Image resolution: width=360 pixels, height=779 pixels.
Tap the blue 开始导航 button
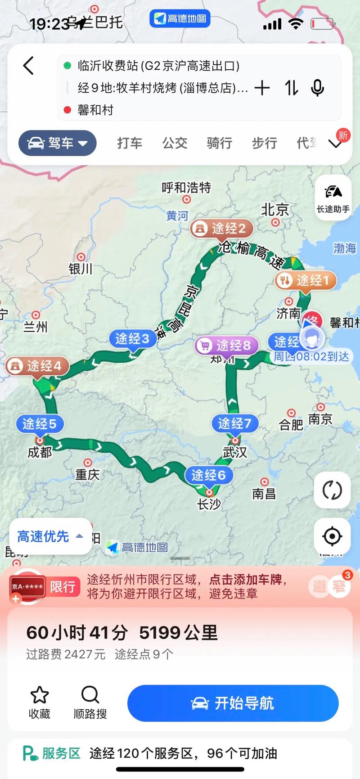click(233, 703)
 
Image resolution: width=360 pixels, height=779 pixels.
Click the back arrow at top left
click(29, 66)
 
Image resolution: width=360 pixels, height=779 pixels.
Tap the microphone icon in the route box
click(317, 88)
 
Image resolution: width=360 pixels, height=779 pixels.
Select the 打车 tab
click(130, 143)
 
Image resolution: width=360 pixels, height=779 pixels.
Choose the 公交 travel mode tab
click(175, 143)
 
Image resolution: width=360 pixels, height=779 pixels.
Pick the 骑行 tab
click(219, 143)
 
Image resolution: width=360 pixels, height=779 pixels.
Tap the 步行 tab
click(264, 143)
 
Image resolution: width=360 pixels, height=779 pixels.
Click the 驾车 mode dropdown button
click(58, 143)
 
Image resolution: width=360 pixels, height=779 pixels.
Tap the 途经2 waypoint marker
click(221, 229)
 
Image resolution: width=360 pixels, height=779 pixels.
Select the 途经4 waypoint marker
click(37, 366)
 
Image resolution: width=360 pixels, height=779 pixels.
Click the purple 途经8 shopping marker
click(227, 346)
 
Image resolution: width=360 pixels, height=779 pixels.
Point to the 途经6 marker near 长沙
click(208, 475)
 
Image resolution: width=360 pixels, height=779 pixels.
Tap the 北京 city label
click(275, 209)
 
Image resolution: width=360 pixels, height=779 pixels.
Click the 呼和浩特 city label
click(186, 187)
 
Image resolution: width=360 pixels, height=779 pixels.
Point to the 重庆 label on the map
click(87, 474)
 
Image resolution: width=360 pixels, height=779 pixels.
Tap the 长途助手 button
click(333, 198)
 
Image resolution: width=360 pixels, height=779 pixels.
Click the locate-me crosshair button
click(332, 536)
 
